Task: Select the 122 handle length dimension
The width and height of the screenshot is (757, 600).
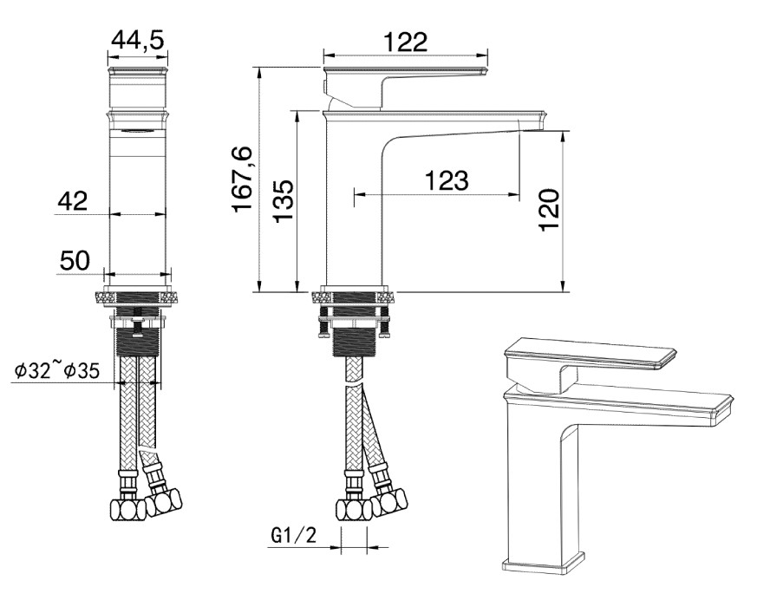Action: click(x=406, y=42)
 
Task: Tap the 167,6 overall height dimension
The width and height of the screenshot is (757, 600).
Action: click(x=242, y=179)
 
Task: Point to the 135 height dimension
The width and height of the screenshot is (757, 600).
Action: click(x=284, y=201)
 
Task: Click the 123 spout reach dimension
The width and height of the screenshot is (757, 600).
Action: click(x=447, y=180)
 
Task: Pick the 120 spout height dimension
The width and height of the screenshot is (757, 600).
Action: click(x=549, y=210)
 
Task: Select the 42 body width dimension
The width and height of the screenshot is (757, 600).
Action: click(x=73, y=201)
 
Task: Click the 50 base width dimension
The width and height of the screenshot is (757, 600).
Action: click(x=75, y=261)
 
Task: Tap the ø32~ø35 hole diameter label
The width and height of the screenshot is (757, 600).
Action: click(x=57, y=371)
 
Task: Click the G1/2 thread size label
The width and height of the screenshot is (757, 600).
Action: click(x=294, y=535)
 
